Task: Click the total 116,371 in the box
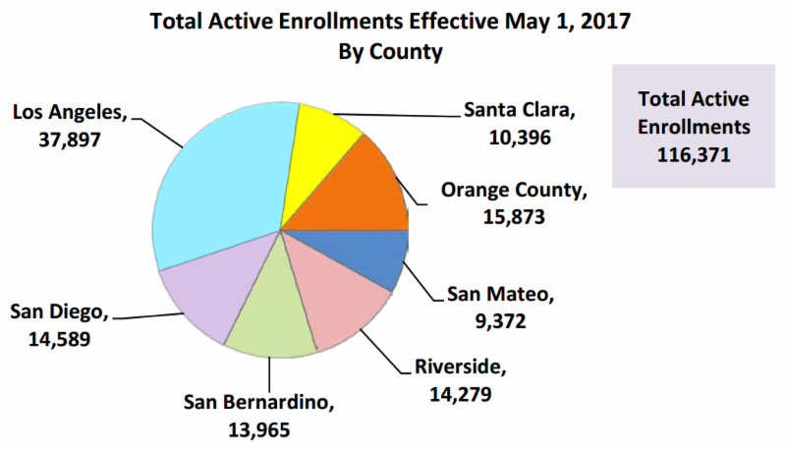click(x=694, y=154)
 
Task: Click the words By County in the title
click(x=392, y=49)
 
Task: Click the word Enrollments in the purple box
click(x=694, y=128)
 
